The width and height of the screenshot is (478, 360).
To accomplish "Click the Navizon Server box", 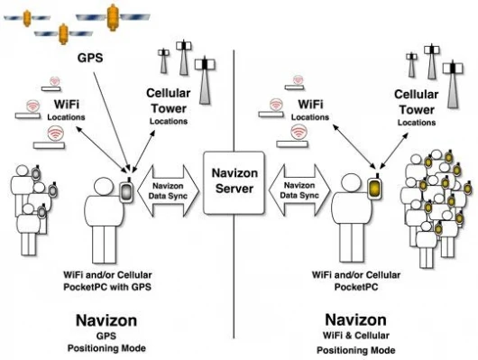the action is tap(234, 183).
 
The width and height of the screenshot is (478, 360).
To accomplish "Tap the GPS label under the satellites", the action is tap(90, 58).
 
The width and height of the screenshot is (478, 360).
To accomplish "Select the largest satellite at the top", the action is tap(113, 17).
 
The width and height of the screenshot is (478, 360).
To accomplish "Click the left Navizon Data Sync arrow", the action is tap(168, 191).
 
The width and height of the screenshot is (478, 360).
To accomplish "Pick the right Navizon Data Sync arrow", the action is tap(299, 190).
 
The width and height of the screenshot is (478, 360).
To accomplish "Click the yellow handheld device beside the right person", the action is tap(375, 189).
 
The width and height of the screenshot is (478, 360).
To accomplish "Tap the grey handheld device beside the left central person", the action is tap(126, 191).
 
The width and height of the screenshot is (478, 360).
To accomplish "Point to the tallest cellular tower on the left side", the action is tap(205, 80).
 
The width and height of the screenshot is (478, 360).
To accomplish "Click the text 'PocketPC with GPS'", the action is tap(107, 287).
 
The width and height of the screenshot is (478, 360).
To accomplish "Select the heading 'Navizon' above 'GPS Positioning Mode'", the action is tap(106, 320).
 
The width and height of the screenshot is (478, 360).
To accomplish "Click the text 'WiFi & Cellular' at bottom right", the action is tap(355, 336).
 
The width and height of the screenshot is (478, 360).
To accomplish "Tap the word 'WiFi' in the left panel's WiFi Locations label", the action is tap(67, 105).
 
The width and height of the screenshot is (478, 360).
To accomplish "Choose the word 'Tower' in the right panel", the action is tap(417, 110).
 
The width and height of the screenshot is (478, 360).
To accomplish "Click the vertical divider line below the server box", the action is tap(234, 276).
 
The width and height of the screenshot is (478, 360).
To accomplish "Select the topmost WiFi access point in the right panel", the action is tap(295, 83).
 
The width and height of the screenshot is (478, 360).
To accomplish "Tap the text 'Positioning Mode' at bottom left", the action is tap(106, 348).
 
